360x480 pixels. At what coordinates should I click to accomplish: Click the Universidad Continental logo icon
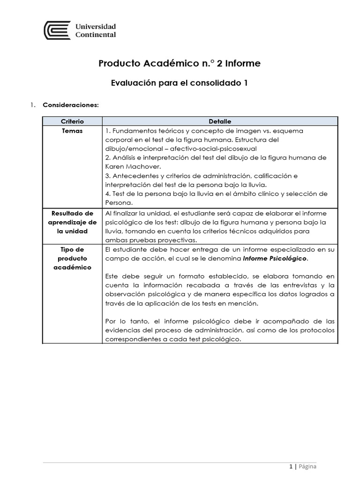(x=57, y=30)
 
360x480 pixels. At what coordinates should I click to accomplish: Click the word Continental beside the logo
(x=96, y=34)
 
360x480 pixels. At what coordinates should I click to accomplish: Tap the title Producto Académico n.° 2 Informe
(x=180, y=63)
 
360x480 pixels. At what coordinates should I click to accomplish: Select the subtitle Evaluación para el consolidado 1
(x=180, y=83)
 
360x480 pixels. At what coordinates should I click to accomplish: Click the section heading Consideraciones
(x=71, y=105)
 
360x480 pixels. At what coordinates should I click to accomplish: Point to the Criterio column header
(x=72, y=121)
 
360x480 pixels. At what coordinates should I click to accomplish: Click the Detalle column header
(x=220, y=121)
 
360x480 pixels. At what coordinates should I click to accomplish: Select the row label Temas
(x=72, y=131)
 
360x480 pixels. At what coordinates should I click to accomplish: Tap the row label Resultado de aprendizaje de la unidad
(x=72, y=222)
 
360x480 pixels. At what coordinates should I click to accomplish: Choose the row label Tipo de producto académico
(x=72, y=258)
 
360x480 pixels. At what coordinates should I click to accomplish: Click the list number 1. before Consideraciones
(x=32, y=105)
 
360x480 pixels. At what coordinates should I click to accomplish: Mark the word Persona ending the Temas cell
(x=119, y=202)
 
